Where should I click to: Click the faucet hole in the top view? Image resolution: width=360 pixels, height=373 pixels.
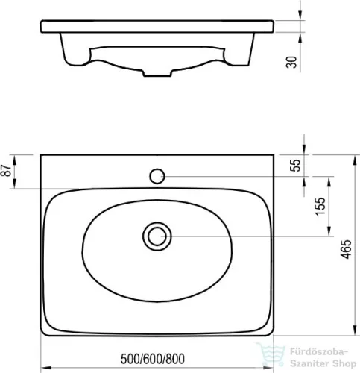(157, 177)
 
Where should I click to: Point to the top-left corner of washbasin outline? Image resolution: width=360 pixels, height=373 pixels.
(42, 154)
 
